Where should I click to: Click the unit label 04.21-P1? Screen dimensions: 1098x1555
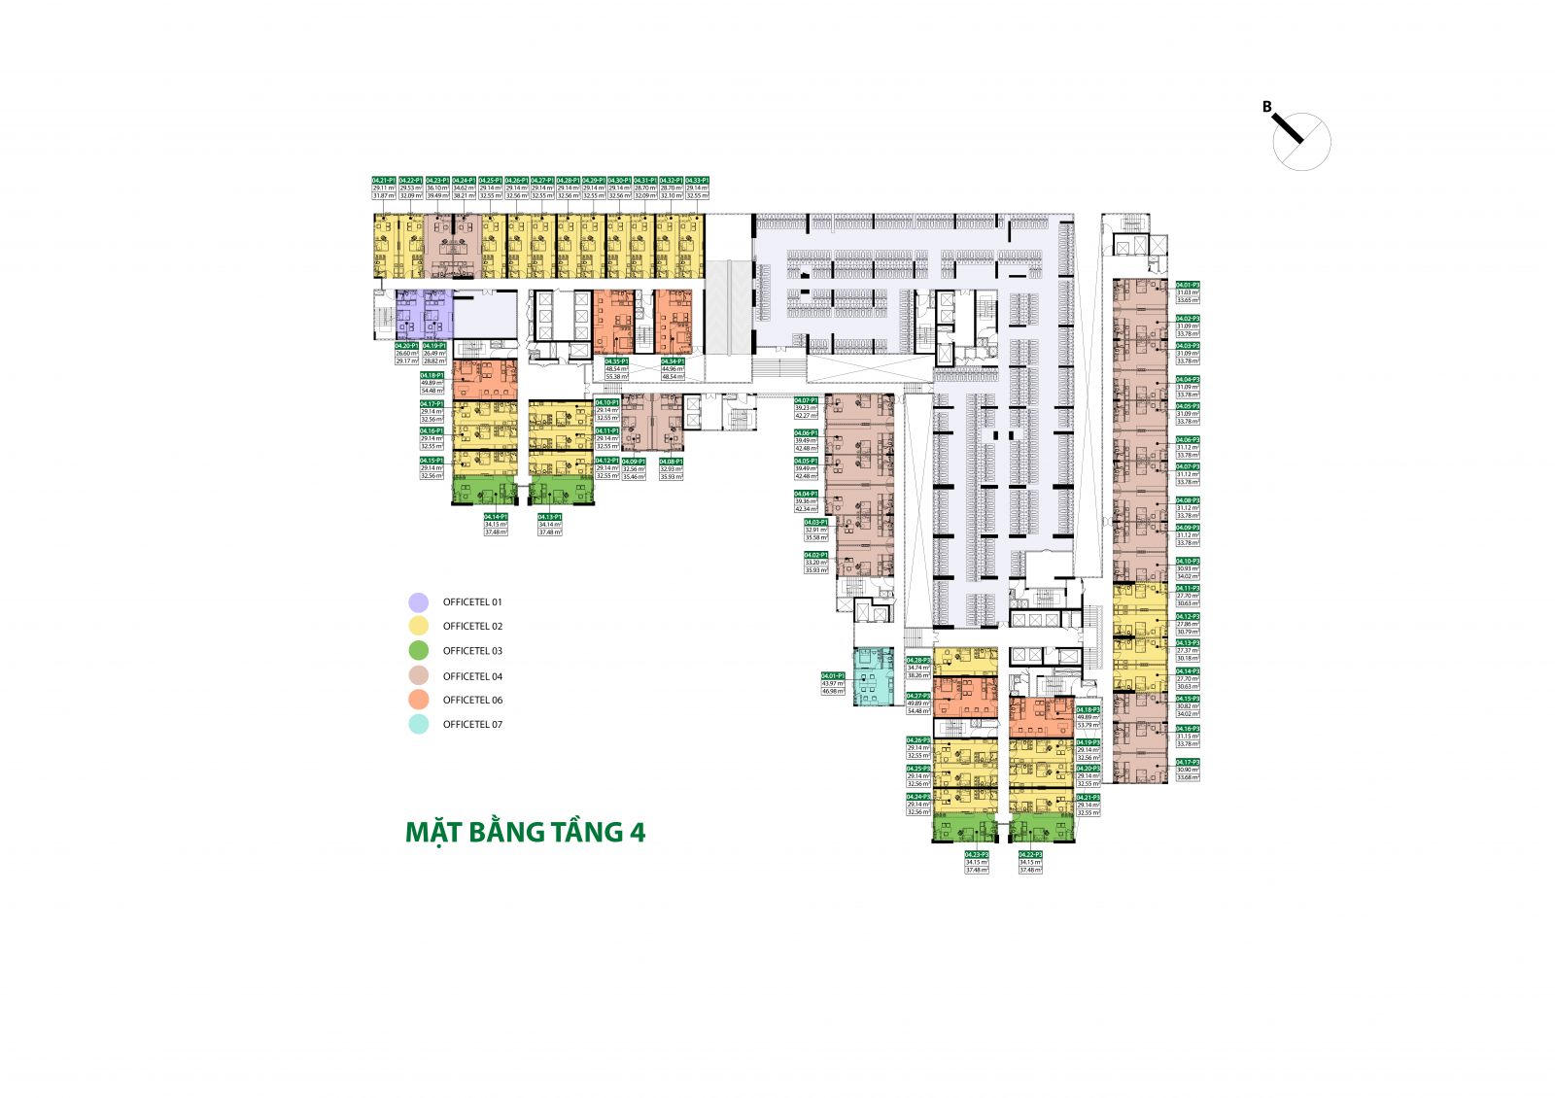(x=384, y=181)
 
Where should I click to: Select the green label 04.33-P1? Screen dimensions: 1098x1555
(x=697, y=181)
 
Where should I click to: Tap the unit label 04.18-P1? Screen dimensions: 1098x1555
(x=432, y=375)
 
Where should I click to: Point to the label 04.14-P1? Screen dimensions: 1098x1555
(x=496, y=517)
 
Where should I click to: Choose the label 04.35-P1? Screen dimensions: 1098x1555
(x=616, y=361)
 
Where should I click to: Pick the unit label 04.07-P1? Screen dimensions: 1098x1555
(x=806, y=400)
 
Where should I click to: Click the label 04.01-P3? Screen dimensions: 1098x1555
(x=1188, y=285)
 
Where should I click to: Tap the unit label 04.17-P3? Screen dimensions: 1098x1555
(x=1188, y=762)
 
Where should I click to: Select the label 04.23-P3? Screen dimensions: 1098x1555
(x=977, y=854)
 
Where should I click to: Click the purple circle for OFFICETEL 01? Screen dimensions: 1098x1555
(x=419, y=602)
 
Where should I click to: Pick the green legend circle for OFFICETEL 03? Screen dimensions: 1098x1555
(x=419, y=651)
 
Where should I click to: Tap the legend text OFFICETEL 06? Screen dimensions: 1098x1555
(x=472, y=700)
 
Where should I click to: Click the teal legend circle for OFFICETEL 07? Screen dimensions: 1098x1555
(x=419, y=724)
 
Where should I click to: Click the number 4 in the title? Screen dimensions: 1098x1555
(x=637, y=833)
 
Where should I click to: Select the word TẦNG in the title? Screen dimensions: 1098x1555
(x=582, y=832)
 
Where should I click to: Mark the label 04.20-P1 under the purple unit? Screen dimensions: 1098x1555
(x=407, y=345)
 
